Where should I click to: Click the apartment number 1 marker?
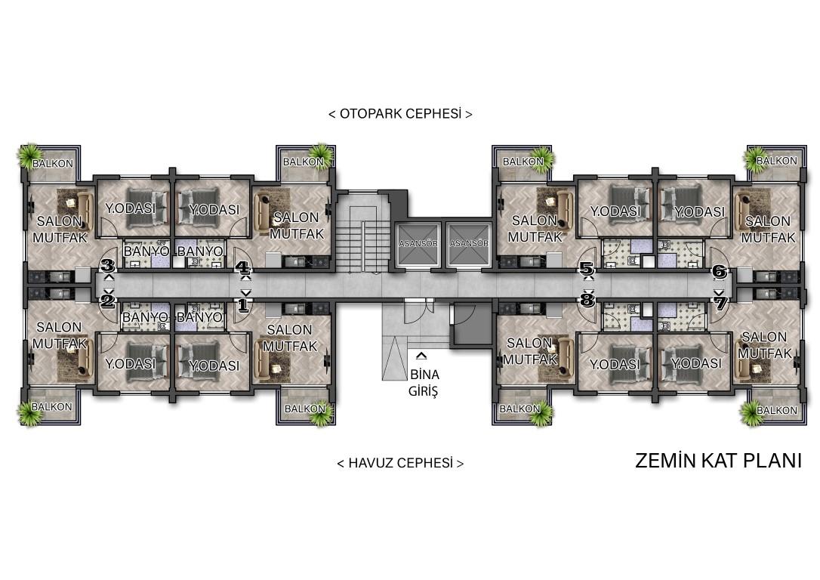[243, 305]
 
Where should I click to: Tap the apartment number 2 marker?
[108, 301]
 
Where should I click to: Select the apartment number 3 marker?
[108, 264]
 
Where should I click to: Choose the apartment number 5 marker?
[587, 270]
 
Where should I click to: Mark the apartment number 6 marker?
[720, 271]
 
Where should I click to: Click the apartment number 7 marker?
[720, 303]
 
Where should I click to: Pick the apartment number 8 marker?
[587, 300]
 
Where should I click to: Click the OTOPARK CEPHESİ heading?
[400, 113]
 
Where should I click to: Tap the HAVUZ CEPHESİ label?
[400, 463]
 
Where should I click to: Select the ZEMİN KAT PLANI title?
[718, 461]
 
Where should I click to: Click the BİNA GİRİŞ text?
[424, 383]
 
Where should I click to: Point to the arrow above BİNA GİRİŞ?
[421, 356]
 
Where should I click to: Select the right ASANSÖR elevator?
[469, 244]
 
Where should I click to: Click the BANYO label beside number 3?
[146, 251]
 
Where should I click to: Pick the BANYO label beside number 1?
[199, 317]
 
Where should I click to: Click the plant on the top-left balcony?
[29, 154]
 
